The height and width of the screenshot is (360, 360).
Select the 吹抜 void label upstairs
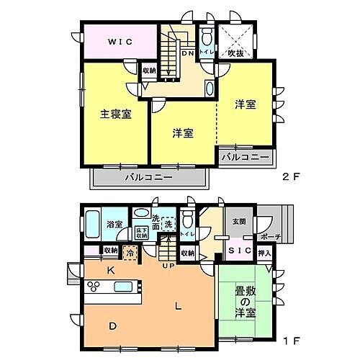tap(236, 53)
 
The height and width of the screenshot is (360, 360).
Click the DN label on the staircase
tap(187, 53)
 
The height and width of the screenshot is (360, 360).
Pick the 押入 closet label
tap(264, 253)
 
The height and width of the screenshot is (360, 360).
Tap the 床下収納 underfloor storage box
tap(142, 233)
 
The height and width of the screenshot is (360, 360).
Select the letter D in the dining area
tap(113, 326)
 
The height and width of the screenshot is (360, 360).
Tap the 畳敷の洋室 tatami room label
tap(246, 302)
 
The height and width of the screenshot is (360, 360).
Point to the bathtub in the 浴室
tap(92, 227)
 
